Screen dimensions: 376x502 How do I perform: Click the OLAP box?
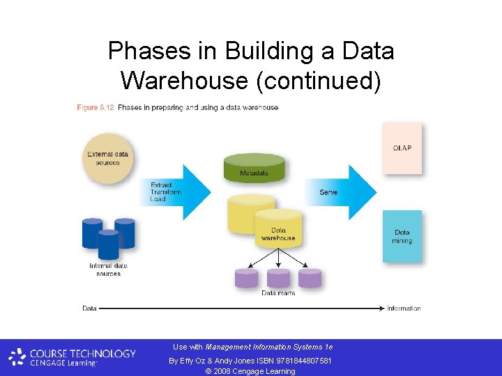pos(402,148)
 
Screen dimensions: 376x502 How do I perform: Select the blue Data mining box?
pos(402,237)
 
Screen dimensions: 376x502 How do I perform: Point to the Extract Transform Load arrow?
pos(178,191)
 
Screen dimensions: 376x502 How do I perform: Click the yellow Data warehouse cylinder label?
pos(278,234)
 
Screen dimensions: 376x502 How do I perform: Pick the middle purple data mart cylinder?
pos(278,278)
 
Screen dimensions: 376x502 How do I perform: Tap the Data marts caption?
pos(278,293)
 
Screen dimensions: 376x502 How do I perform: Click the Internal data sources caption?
pos(108,269)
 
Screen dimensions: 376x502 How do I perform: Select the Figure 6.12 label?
pos(95,108)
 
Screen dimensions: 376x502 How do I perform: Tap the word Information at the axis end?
pos(404,308)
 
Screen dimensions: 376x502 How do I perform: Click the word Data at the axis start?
pos(89,308)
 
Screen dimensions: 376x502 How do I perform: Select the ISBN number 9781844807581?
pos(305,361)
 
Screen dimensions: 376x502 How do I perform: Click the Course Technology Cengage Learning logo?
pos(73,357)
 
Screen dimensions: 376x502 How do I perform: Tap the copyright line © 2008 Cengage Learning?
pos(250,371)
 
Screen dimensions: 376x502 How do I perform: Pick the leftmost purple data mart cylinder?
pos(246,278)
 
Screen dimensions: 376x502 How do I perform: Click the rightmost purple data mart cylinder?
pos(310,278)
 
